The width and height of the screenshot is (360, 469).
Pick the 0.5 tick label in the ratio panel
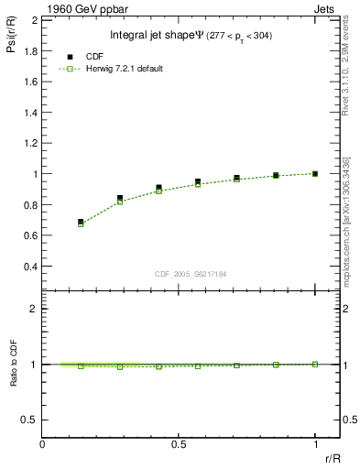pos(27,420)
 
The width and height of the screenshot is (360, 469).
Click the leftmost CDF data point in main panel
pos(81,222)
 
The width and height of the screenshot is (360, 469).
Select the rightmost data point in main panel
pos(315,173)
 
